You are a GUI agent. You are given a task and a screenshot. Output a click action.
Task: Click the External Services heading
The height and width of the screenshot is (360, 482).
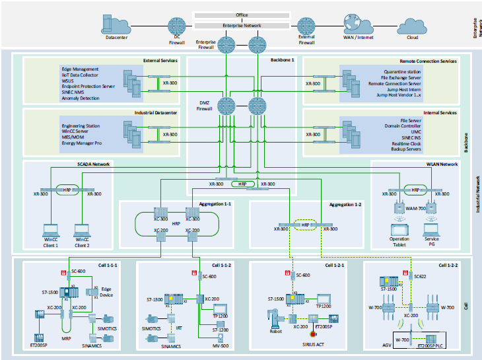coord(160,61)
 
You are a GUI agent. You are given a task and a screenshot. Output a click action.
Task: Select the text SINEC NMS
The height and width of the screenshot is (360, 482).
coord(74,92)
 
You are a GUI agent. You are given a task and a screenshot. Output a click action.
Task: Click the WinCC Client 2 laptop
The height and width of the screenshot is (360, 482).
coord(82,232)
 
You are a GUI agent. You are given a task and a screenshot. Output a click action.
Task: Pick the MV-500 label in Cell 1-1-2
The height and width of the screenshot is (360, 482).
coord(220,346)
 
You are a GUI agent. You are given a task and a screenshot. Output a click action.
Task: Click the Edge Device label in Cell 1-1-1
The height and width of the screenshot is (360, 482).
coord(106,295)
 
